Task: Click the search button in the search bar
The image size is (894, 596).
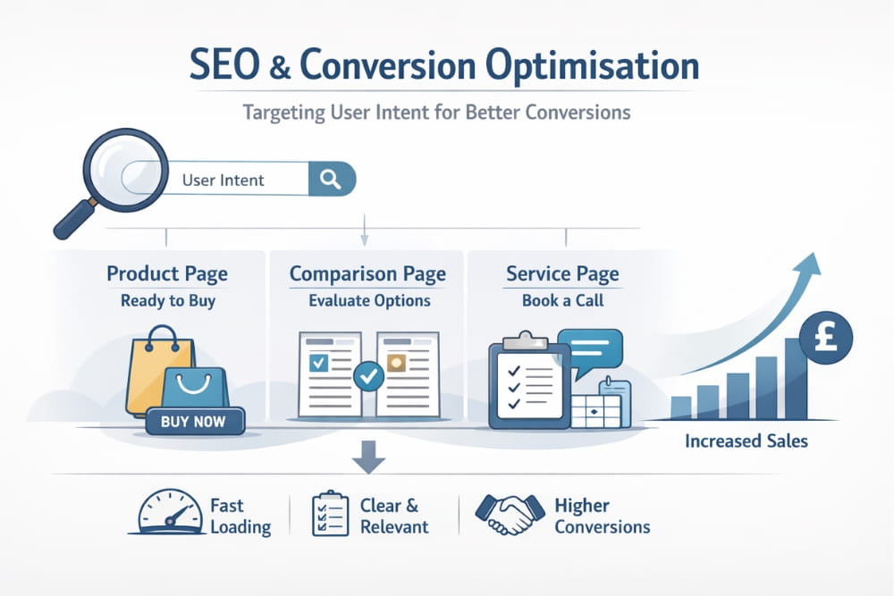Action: pyautogui.click(x=330, y=179)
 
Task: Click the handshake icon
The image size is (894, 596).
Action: pyautogui.click(x=506, y=516)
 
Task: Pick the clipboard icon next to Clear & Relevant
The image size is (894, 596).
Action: pyautogui.click(x=330, y=514)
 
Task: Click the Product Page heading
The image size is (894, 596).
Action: pyautogui.click(x=167, y=273)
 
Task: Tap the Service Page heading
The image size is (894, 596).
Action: pyautogui.click(x=562, y=273)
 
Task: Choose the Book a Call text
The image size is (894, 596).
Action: pyautogui.click(x=562, y=301)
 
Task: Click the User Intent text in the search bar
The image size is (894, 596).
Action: pyautogui.click(x=223, y=180)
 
